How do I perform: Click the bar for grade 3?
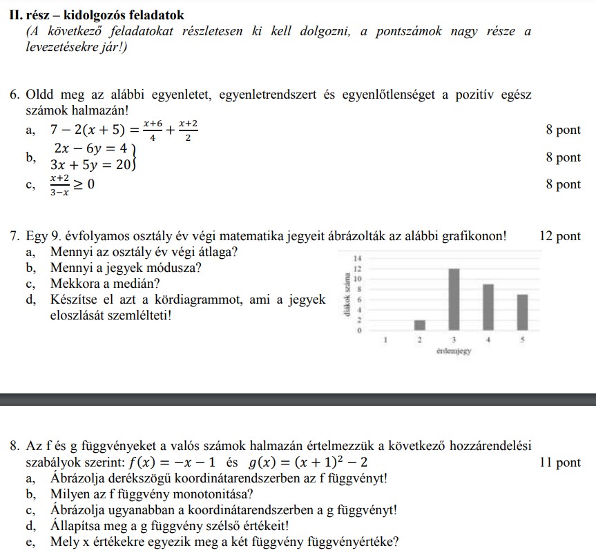454,300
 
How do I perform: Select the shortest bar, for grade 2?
420,325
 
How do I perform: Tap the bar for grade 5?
522,313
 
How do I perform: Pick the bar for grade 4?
488,307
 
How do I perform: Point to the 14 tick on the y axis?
357,258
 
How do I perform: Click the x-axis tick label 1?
385,340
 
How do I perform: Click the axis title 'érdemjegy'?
454,351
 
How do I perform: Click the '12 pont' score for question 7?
559,236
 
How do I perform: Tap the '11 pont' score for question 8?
559,462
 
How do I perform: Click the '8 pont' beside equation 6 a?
563,130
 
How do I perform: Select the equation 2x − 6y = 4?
90,148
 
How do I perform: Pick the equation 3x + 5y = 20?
90,165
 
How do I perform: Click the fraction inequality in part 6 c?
72,185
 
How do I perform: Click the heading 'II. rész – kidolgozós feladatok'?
102,14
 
